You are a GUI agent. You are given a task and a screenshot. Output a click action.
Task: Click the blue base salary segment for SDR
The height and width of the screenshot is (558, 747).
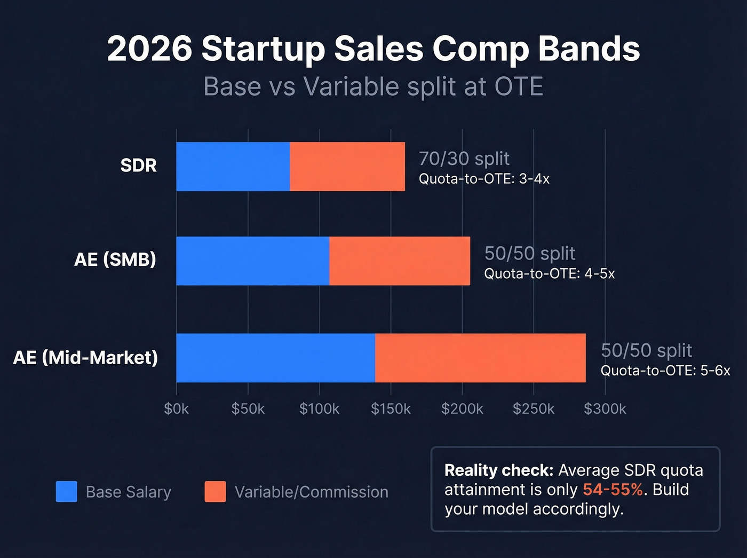click(233, 167)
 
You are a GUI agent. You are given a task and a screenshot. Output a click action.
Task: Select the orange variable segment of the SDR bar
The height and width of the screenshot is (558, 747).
click(347, 167)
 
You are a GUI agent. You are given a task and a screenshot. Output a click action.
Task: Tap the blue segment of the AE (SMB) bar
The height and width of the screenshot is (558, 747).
click(252, 261)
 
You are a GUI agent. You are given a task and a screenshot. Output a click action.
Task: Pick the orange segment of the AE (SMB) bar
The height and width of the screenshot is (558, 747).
click(400, 261)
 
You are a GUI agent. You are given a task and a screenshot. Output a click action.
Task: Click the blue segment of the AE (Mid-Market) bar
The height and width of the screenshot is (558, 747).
click(275, 358)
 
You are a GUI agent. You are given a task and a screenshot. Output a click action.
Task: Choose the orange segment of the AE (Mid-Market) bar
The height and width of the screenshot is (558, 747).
click(480, 358)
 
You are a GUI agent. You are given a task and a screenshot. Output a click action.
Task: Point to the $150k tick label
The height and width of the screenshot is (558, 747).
click(391, 409)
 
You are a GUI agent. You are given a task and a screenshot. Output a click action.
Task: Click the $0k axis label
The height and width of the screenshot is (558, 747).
click(177, 409)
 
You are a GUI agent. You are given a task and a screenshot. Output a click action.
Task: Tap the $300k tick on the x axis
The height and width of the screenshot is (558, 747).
click(605, 409)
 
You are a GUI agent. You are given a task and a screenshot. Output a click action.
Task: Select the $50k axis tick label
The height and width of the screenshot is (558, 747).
click(248, 409)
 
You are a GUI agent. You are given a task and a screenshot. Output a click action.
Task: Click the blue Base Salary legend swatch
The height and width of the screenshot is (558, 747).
click(67, 492)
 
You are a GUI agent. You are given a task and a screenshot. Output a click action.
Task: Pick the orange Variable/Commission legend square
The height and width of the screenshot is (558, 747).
click(215, 492)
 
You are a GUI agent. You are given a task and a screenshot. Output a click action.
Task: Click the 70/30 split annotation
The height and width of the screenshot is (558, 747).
click(464, 159)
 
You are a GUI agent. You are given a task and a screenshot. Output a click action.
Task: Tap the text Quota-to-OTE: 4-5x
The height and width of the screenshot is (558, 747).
click(549, 274)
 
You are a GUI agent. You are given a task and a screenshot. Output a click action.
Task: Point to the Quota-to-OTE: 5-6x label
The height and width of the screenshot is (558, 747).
click(665, 371)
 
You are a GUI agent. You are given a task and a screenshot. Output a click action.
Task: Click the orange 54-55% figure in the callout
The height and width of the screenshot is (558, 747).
click(613, 490)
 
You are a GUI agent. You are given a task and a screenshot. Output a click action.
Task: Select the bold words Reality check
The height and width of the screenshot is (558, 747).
click(499, 470)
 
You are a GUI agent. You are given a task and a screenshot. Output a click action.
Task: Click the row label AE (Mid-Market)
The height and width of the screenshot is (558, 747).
click(85, 357)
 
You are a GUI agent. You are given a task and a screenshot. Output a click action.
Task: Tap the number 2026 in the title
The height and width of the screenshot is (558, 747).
click(149, 49)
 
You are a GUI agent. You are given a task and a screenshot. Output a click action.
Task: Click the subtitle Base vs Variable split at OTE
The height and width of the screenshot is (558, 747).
click(373, 87)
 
